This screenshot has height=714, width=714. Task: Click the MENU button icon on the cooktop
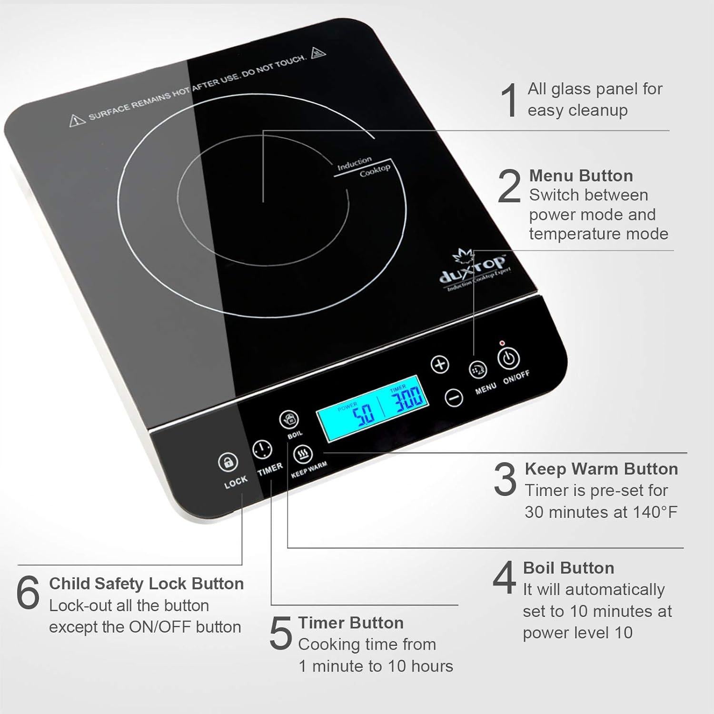pos(478,369)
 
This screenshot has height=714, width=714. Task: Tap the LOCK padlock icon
pos(228,462)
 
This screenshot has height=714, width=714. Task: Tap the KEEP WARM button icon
pos(303,455)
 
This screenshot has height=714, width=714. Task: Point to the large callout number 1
pos(510,99)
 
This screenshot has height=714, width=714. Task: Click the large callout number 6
pos(28,593)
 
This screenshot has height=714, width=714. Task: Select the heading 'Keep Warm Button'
pos(601,469)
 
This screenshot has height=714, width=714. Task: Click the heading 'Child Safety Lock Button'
pos(146,584)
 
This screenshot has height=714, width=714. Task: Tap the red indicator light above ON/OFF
pos(502,343)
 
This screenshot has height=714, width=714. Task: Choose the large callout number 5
pos(280,633)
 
